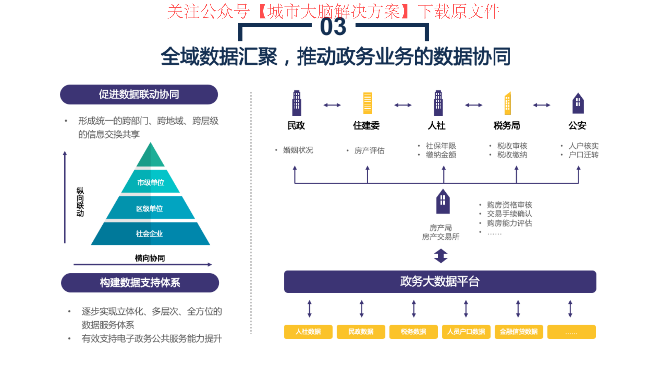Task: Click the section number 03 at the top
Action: (333, 26)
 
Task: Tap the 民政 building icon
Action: (297, 103)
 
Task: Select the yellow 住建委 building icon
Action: (367, 103)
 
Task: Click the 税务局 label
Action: (507, 125)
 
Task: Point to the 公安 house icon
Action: (578, 103)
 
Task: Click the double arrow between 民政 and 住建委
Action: (332, 105)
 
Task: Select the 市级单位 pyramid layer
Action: (150, 182)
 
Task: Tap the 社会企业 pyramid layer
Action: (150, 234)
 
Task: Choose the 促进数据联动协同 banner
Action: (139, 95)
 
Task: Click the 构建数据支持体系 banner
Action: (140, 283)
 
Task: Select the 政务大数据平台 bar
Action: (440, 282)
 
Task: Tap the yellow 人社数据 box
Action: (308, 332)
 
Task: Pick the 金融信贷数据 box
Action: (519, 332)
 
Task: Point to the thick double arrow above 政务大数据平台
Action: (441, 256)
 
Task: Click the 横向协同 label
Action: (150, 258)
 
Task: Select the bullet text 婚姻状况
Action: (298, 150)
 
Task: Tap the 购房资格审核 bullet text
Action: (510, 205)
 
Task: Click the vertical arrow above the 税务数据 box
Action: (414, 309)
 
